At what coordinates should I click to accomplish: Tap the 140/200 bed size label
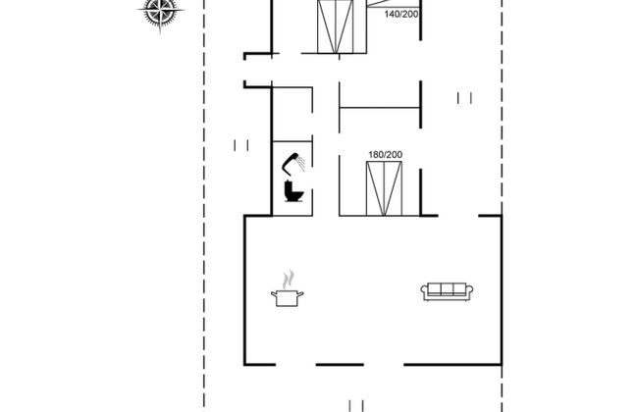pos(400,15)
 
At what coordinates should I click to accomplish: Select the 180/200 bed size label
pos(385,155)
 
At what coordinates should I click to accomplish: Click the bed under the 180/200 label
pos(384,188)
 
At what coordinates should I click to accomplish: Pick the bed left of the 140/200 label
pos(335,26)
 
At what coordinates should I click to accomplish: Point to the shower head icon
pos(292,160)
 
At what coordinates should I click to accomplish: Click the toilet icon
pos(292,190)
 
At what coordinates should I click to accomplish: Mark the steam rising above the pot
pos(288,279)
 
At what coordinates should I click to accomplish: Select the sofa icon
pos(447,290)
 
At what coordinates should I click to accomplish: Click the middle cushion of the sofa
pos(447,288)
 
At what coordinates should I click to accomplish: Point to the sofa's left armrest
pos(425,291)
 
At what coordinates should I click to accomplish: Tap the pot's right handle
pos(301,292)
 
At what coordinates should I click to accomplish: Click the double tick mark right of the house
pos(464,96)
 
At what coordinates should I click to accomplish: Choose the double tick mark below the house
pos(355,404)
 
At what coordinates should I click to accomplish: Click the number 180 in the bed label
pos(375,155)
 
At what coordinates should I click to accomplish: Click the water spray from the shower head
pos(302,161)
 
